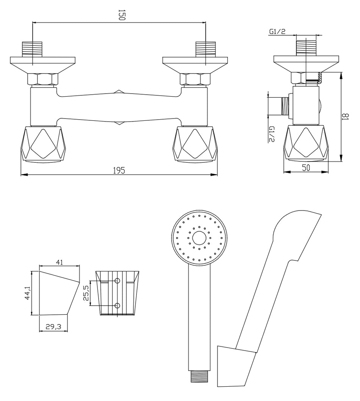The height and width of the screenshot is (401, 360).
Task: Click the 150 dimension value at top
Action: (x=121, y=15)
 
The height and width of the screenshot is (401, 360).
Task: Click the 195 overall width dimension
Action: (x=119, y=170)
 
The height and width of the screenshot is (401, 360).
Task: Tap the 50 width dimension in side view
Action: (x=306, y=168)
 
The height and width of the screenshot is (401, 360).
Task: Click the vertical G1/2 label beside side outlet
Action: (x=271, y=134)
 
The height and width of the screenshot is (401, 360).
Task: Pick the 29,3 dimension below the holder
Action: (x=53, y=327)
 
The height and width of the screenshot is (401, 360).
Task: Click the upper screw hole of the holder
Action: (x=117, y=281)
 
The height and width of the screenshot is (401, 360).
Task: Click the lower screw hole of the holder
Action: (x=117, y=305)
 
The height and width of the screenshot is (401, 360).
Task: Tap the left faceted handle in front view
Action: (x=42, y=145)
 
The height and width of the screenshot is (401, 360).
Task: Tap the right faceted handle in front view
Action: (x=195, y=145)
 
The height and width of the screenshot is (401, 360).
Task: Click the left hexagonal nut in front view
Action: (x=42, y=79)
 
